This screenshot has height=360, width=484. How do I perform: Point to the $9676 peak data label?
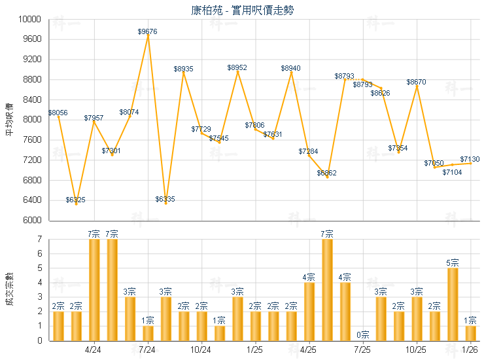(x=148, y=31)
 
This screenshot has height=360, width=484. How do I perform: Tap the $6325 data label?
(x=76, y=199)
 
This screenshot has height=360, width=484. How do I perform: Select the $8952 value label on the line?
(x=237, y=67)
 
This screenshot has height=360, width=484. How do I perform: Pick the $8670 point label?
(x=417, y=82)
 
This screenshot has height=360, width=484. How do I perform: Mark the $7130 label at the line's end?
(x=470, y=159)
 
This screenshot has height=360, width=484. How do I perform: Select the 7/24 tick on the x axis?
(x=148, y=350)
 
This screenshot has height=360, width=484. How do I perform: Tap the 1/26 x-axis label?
(x=470, y=350)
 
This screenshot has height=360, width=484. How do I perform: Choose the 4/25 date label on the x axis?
(x=309, y=350)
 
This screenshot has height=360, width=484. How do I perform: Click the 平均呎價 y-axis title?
(x=9, y=119)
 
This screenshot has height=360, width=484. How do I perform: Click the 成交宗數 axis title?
(x=9, y=289)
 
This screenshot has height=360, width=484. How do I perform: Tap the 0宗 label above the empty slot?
(x=363, y=335)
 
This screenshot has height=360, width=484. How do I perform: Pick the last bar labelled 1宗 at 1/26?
(x=470, y=333)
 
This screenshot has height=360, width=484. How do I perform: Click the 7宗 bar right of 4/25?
(x=327, y=289)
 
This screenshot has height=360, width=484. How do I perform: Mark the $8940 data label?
(x=291, y=68)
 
